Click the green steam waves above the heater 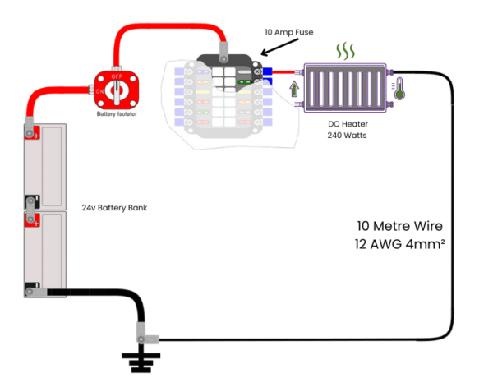pyautogui.click(x=344, y=52)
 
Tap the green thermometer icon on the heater pyautogui.click(x=399, y=90)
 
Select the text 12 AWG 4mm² pyautogui.click(x=400, y=244)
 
